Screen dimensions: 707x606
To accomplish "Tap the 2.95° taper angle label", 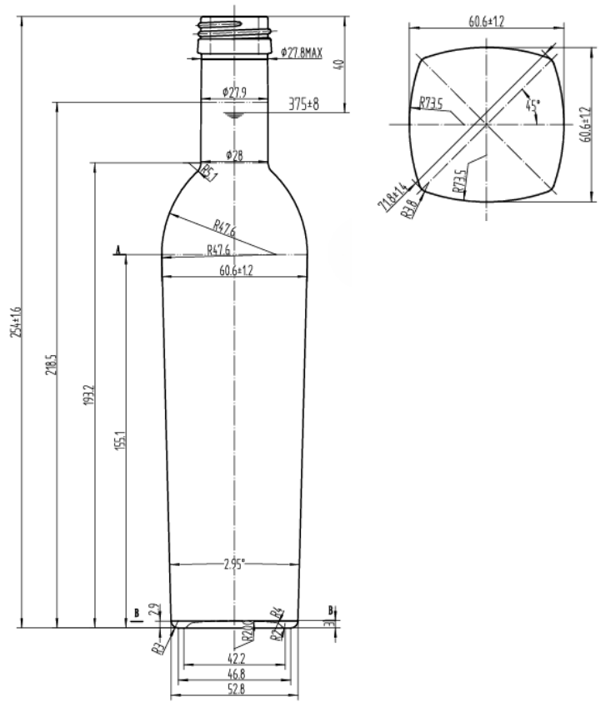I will click(234, 564).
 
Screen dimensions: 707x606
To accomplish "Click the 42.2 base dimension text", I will click(235, 659).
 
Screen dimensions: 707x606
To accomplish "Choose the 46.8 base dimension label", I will click(235, 674).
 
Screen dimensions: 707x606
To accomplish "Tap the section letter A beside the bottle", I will click(118, 249).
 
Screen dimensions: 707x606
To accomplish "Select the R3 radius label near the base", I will click(157, 646).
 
